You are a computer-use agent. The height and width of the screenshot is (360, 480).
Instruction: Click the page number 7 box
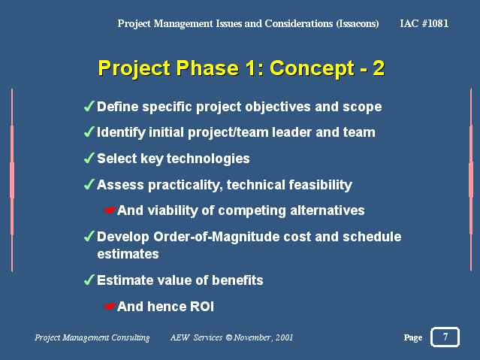pos(445,337)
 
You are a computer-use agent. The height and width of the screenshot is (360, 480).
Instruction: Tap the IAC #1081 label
pos(424,23)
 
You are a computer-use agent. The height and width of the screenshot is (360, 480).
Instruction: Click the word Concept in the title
pos(312,68)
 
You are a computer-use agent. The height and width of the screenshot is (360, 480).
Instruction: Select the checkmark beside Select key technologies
pos(89,158)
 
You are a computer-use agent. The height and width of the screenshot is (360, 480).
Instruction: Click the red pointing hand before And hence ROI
pos(110,307)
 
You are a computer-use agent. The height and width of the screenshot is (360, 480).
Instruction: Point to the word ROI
pos(202,307)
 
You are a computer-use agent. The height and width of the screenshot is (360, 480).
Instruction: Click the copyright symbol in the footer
pos(229,337)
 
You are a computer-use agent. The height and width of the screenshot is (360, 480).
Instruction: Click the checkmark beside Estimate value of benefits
pos(89,280)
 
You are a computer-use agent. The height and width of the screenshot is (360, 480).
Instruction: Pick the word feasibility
pos(321,185)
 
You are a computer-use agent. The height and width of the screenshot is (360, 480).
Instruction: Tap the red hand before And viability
pos(110,210)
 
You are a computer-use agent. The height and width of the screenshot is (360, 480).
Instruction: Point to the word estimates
pos(128,254)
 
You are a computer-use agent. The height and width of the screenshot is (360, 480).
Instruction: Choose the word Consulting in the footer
pos(131,337)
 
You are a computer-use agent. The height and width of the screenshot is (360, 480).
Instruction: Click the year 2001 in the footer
pos(284,337)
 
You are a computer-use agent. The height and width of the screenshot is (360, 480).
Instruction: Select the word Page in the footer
pos(413,337)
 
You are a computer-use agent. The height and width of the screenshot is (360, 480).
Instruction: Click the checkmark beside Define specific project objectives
pos(89,106)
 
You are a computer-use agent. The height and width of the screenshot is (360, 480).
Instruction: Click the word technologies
pos(208,159)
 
